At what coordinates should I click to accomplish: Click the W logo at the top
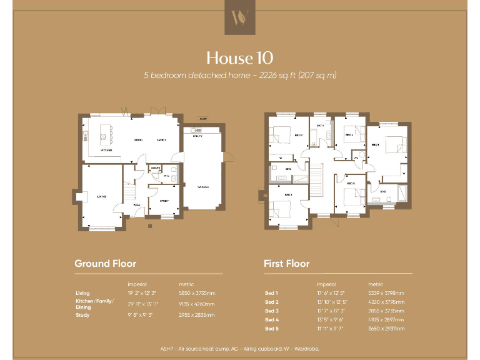tap(240, 17)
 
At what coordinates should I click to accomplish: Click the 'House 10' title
tap(239, 58)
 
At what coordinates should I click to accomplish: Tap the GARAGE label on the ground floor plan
tap(204, 187)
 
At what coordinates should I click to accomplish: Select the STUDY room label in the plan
tap(164, 201)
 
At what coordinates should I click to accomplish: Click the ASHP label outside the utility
tap(202, 118)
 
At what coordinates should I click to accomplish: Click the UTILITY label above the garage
tap(198, 136)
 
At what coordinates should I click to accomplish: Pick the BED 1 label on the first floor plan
tap(375, 144)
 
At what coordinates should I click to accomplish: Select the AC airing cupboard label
tap(356, 157)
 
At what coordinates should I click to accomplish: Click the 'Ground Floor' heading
tap(105, 263)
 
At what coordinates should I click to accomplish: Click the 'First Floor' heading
tap(286, 263)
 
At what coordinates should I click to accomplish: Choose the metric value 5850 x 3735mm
tap(197, 293)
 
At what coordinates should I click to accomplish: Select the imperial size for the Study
tap(140, 315)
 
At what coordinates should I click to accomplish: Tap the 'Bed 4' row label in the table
tap(271, 319)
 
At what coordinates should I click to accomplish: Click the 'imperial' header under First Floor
tap(326, 284)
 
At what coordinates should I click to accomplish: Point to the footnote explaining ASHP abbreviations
tap(239, 347)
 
